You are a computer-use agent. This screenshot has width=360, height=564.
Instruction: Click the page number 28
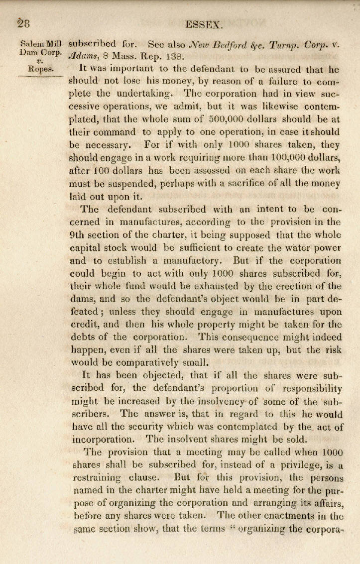[22, 23]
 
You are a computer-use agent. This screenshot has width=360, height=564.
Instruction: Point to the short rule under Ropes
[38, 76]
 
